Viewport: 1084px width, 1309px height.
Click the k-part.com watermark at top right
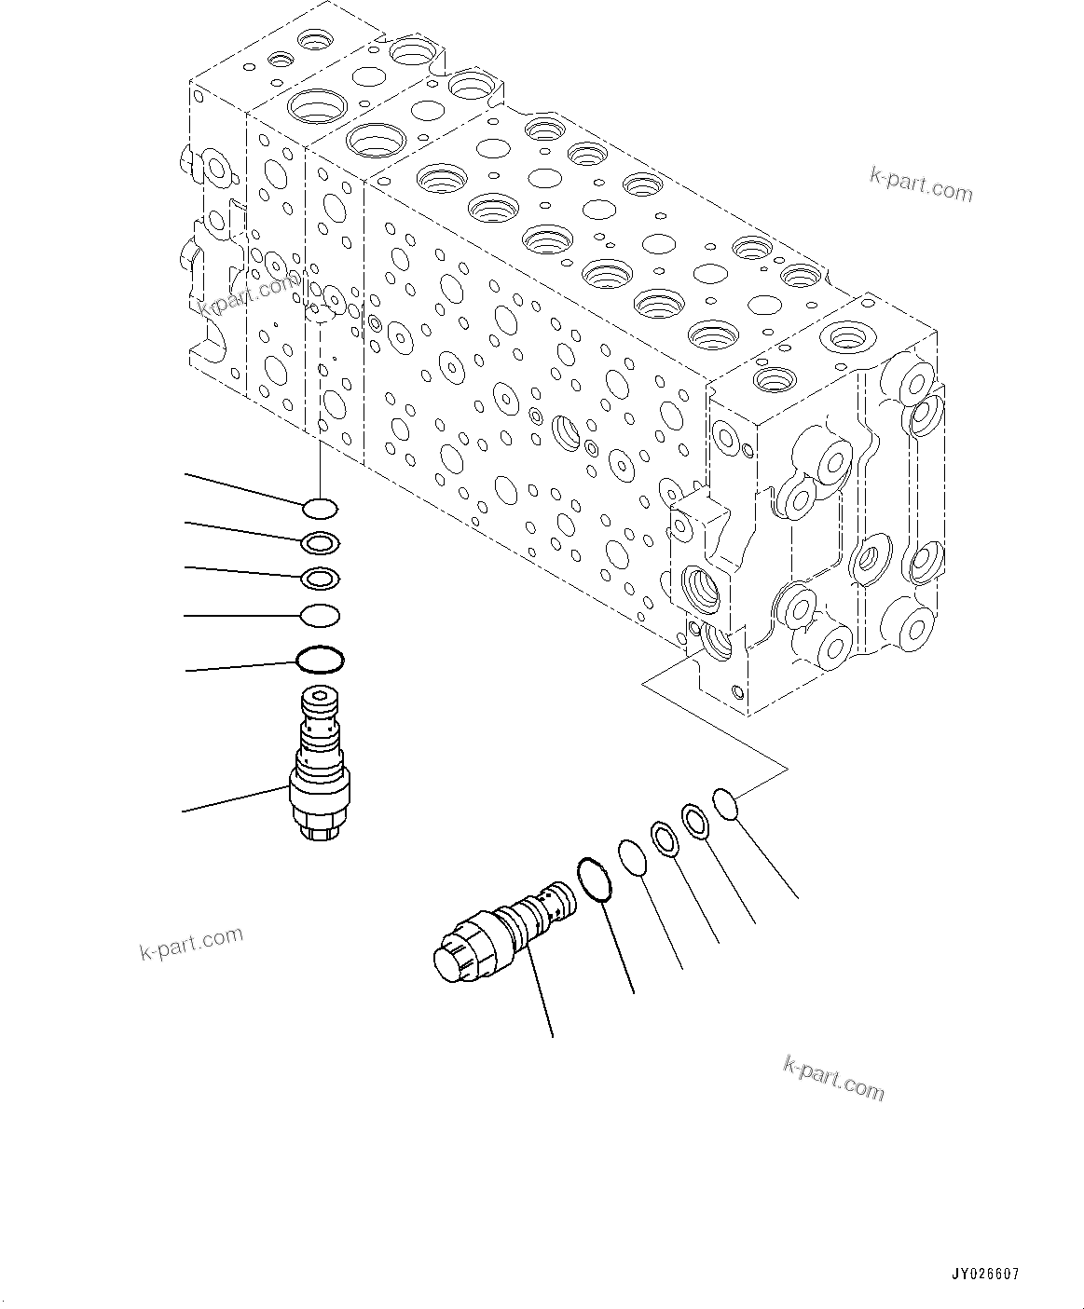pyautogui.click(x=920, y=184)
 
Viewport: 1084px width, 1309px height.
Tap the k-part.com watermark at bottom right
pyautogui.click(x=834, y=1078)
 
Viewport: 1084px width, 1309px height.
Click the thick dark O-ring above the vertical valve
pyautogui.click(x=320, y=660)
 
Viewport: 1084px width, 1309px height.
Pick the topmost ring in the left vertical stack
pyautogui.click(x=320, y=509)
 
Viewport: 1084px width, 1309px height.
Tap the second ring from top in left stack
pyautogui.click(x=321, y=542)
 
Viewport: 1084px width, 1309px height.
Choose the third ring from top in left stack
pyautogui.click(x=321, y=578)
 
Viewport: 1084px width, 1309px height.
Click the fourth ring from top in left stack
pyautogui.click(x=320, y=616)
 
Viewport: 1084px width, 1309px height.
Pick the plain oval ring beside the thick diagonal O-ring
pyautogui.click(x=633, y=857)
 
